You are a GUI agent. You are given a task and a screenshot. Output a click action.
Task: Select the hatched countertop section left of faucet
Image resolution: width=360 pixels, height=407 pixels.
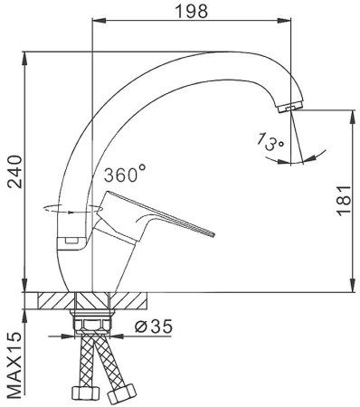point(52,302)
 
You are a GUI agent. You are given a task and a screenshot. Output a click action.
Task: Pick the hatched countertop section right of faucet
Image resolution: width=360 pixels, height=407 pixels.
point(130,302)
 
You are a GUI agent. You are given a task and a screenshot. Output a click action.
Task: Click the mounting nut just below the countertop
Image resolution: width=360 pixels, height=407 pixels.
point(92,322)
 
